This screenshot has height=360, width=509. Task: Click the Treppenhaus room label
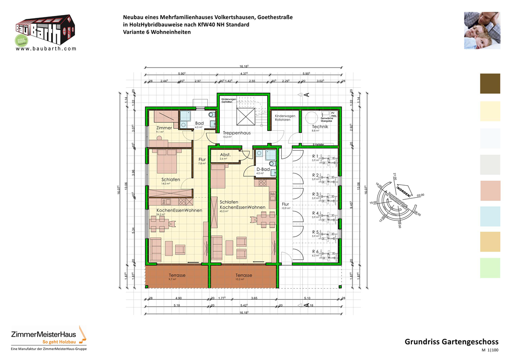point(236,133)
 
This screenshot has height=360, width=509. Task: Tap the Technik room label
point(320,127)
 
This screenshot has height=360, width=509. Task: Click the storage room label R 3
point(315,194)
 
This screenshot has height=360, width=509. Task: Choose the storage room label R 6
point(315,252)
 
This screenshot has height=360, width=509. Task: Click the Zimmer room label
point(164,127)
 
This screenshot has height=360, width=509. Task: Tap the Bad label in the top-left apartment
point(199,123)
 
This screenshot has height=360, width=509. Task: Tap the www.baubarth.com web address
point(45,48)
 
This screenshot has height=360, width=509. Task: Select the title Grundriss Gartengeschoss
point(451,342)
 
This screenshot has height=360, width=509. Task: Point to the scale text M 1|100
point(490,351)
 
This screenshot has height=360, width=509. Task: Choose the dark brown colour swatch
point(490,84)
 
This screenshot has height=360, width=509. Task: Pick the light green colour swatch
point(490,268)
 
